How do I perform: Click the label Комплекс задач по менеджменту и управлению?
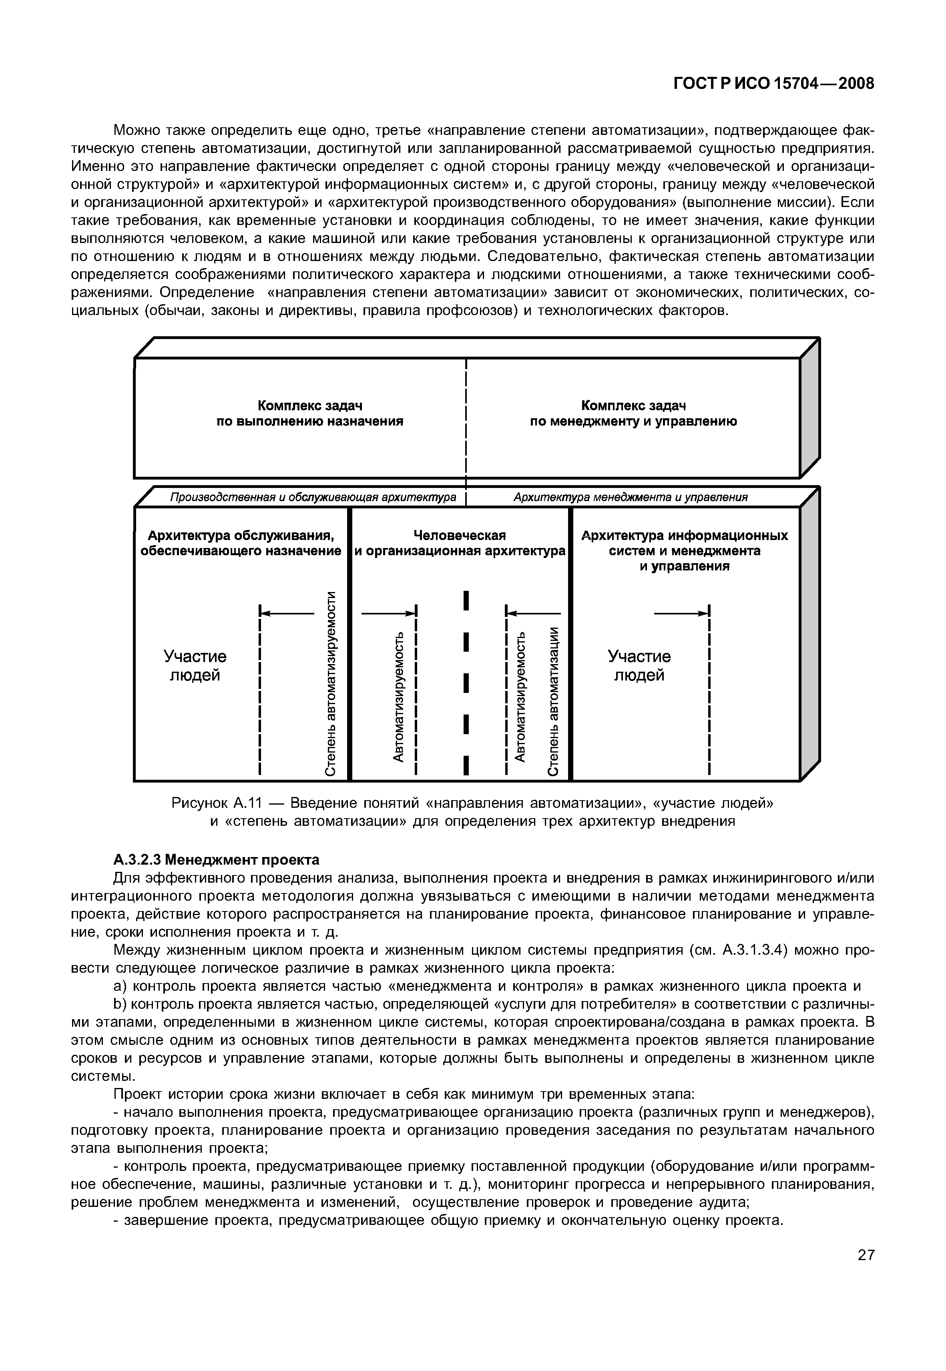pyautogui.click(x=633, y=414)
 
